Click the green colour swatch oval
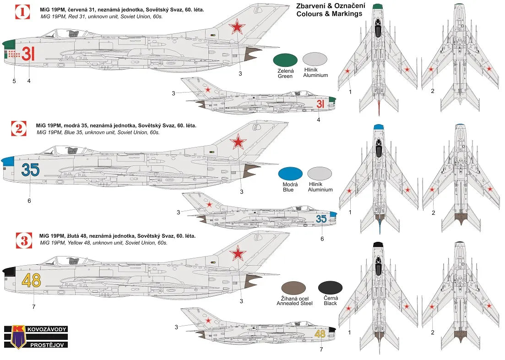(x=285, y=60)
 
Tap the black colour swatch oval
(x=330, y=288)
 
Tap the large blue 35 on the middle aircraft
(x=30, y=170)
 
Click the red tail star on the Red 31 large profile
(x=237, y=28)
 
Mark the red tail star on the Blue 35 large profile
(x=238, y=142)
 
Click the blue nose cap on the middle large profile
(x=8, y=161)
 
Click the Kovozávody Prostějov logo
(x=36, y=337)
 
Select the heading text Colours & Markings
(x=329, y=14)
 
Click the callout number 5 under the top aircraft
(x=14, y=81)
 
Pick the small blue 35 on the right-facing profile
(x=321, y=219)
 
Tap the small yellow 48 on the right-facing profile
(x=320, y=334)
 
